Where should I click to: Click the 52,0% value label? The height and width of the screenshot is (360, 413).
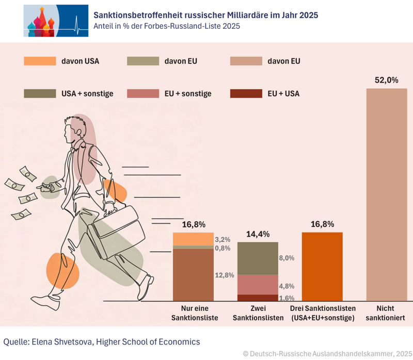[x=386, y=80]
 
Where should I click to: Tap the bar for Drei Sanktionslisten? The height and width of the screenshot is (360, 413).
[x=322, y=266]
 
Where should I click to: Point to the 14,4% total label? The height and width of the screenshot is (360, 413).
[x=258, y=234]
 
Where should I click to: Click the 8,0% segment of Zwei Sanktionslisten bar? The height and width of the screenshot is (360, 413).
[x=258, y=258]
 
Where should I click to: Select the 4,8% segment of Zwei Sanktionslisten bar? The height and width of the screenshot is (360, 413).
[x=258, y=285]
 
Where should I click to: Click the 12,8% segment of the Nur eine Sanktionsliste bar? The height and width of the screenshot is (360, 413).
[x=193, y=274]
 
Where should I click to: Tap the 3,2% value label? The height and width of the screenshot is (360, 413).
[x=222, y=240]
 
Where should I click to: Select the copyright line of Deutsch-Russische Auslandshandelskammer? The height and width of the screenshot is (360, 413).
[x=325, y=353]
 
